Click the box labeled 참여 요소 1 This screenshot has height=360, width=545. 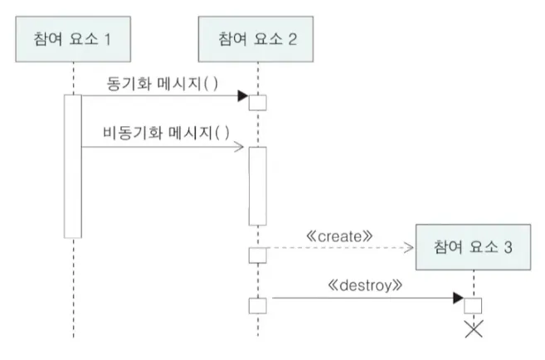pyautogui.click(x=73, y=38)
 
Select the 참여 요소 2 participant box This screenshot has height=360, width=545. pyautogui.click(x=258, y=38)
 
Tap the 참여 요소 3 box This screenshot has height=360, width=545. pyautogui.click(x=473, y=246)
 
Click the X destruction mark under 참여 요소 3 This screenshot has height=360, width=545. pyautogui.click(x=473, y=332)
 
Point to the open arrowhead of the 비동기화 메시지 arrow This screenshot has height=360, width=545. pyautogui.click(x=241, y=148)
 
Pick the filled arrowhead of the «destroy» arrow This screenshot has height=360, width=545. pyautogui.click(x=458, y=297)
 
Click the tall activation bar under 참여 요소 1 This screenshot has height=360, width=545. pyautogui.click(x=73, y=166)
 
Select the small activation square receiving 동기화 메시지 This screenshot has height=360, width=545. pyautogui.click(x=258, y=103)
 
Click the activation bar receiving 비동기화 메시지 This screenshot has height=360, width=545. pyautogui.click(x=258, y=186)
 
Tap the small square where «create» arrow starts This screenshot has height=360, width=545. pyautogui.click(x=258, y=254)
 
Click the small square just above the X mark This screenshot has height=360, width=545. pyautogui.click(x=473, y=305)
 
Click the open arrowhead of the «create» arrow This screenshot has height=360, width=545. pyautogui.click(x=410, y=246)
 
